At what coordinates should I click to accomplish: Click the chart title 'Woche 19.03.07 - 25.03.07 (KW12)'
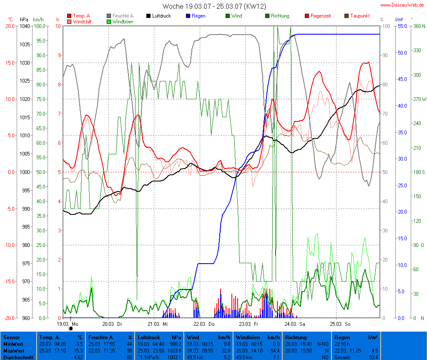click(x=214, y=6)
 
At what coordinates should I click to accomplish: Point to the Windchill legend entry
click(x=82, y=21)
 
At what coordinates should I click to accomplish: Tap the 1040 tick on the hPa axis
click(x=25, y=26)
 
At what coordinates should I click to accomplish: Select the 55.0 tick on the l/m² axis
click(x=402, y=26)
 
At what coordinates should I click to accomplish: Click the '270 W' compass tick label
click(x=418, y=99)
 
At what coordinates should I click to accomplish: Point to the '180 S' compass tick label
click(x=418, y=172)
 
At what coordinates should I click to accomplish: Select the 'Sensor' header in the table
click(x=11, y=337)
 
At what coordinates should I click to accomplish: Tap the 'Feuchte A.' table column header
click(x=101, y=337)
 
